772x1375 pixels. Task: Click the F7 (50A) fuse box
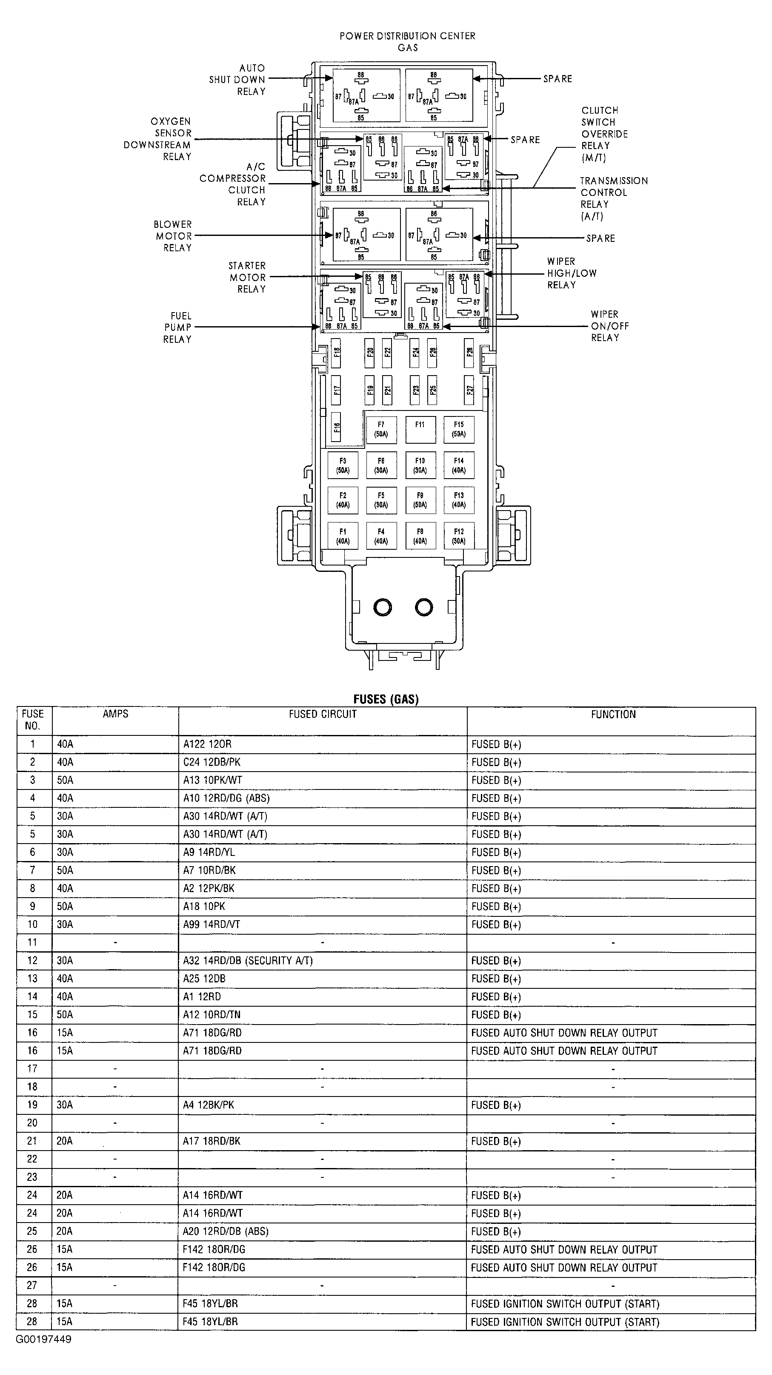(x=381, y=430)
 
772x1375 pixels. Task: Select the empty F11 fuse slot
(x=420, y=430)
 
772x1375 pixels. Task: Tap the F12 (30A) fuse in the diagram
(x=459, y=536)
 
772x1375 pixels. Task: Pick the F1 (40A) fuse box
(x=343, y=536)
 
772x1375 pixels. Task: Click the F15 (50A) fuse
(x=459, y=430)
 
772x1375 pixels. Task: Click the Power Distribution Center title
(x=408, y=41)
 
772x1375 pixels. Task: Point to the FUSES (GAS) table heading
(x=386, y=699)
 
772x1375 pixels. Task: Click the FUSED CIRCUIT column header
(x=322, y=714)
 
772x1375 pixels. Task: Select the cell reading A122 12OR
(x=208, y=744)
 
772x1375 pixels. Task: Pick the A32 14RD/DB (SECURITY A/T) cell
(x=248, y=961)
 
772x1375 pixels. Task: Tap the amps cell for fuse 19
(x=65, y=1105)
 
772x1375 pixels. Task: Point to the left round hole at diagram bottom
(x=383, y=607)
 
